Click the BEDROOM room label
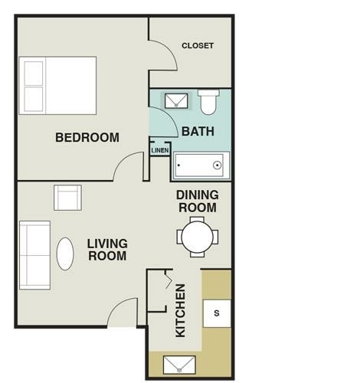point(87,138)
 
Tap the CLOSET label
point(198,46)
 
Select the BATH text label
point(198,132)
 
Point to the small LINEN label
point(160,150)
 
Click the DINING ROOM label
point(198,201)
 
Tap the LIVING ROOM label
point(107,250)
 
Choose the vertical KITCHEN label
point(182,310)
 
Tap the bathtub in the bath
point(201,165)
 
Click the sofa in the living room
point(34,255)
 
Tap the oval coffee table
point(66,253)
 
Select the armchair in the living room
point(67,198)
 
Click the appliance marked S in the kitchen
point(216,313)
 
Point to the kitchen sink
point(179,365)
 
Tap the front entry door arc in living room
point(123,313)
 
